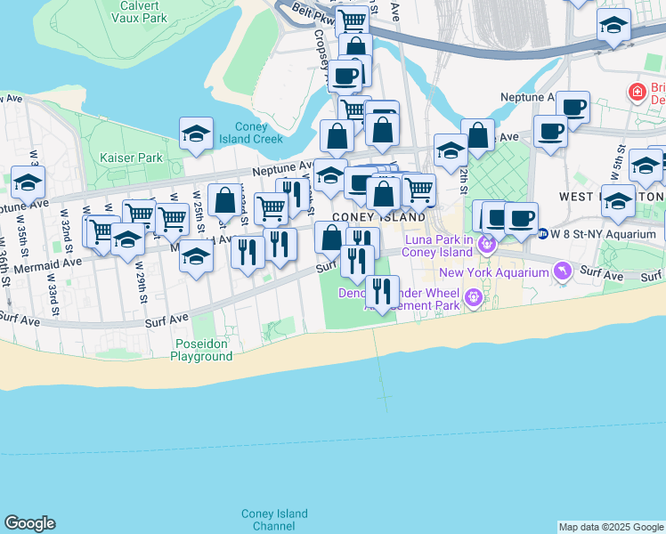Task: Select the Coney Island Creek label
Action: point(258,133)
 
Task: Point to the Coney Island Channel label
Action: point(274,520)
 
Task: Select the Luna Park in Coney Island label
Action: point(438,246)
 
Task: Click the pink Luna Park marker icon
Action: point(486,243)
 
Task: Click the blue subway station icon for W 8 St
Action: point(542,234)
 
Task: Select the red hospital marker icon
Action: point(637,92)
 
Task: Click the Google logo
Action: point(29,523)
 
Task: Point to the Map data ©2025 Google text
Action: point(611,527)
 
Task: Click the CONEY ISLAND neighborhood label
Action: point(378,217)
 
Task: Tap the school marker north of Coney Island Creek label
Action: point(196,133)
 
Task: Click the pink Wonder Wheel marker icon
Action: point(473,296)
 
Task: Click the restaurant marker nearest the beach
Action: point(382,292)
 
